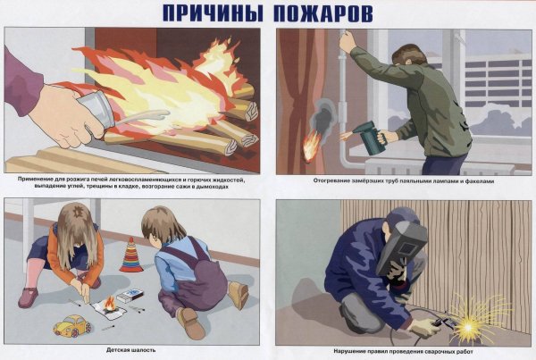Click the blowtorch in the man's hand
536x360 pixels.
click(368, 138)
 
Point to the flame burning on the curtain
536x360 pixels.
click(311, 146)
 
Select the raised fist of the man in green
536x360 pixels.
click(347, 40)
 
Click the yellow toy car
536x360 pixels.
click(71, 324)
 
